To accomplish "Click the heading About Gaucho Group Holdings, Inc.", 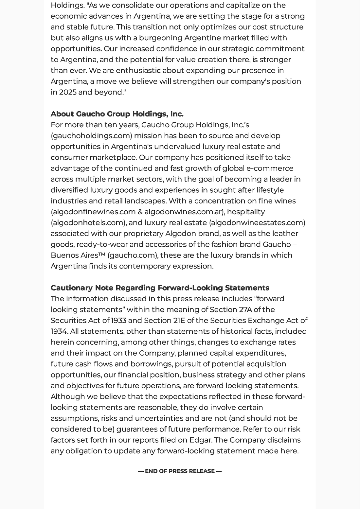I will (117, 114).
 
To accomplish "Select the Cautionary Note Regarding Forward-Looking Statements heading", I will (160, 288).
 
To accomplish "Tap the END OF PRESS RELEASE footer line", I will (180, 471).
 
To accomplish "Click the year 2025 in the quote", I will (68, 92).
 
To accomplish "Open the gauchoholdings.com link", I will (92, 136).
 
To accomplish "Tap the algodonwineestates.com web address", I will (257, 223).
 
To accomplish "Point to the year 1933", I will (118, 321).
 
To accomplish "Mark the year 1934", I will (59, 331).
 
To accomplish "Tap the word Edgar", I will (200, 440).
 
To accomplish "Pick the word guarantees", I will (137, 429).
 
